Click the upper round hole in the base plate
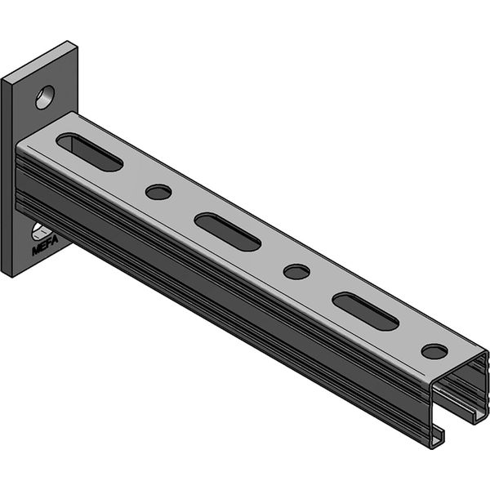click(x=45, y=97)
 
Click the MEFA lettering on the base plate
click(x=45, y=245)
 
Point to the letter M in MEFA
click(x=35, y=251)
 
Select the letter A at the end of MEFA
click(x=55, y=240)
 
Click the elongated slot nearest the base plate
click(x=90, y=152)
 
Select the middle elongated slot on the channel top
click(x=228, y=232)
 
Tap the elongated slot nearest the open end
click(x=366, y=311)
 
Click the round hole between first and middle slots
click(x=158, y=192)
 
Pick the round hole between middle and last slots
click(x=297, y=272)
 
